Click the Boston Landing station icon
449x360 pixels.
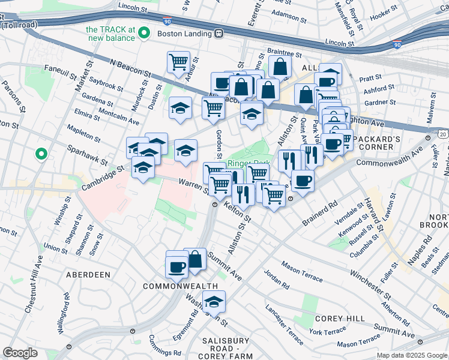pos(220,34)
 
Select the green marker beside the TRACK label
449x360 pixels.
pos(144,34)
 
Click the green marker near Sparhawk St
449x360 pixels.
pos(41,154)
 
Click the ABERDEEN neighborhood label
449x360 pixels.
pos(84,274)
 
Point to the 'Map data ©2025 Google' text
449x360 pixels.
pos(411,355)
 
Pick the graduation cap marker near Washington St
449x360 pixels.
pos(213,303)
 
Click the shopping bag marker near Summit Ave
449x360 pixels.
pos(194,260)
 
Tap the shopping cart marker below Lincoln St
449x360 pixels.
pos(178,62)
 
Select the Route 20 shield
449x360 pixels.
pos(442,135)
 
